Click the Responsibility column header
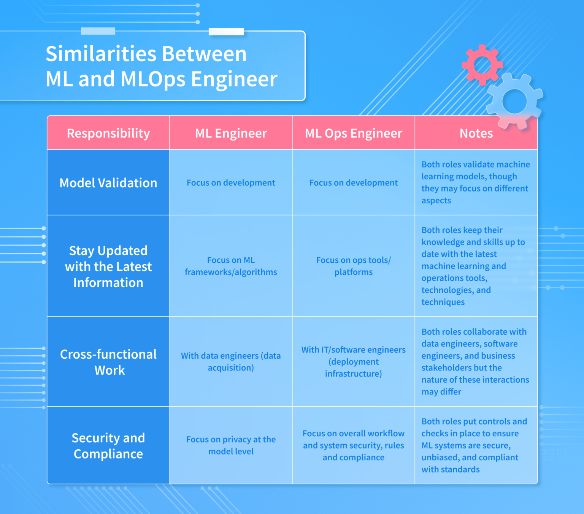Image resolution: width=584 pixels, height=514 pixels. [108, 133]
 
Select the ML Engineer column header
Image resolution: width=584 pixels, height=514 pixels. [231, 133]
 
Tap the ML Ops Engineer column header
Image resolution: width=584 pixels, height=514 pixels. [353, 133]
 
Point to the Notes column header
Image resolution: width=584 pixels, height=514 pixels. [476, 133]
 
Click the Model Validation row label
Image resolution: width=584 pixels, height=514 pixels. [108, 183]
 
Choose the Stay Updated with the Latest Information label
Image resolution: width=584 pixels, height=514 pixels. [108, 267]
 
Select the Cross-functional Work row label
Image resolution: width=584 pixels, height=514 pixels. [108, 362]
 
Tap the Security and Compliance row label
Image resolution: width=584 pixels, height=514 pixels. [108, 446]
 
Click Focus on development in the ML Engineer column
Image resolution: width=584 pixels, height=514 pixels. [231, 183]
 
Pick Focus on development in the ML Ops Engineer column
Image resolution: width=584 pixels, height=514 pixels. [353, 183]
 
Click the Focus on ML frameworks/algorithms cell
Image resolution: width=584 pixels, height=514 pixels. [231, 266]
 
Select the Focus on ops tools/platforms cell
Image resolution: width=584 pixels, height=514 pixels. [353, 266]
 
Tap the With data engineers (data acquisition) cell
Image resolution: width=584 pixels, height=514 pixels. [231, 362]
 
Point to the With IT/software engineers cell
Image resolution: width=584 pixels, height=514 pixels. [353, 362]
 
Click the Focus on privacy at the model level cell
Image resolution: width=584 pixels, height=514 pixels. [231, 445]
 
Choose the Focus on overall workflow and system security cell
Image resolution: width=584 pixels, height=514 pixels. [353, 445]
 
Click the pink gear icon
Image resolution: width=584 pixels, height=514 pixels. [482, 64]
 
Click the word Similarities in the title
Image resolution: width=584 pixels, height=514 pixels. [99, 54]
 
